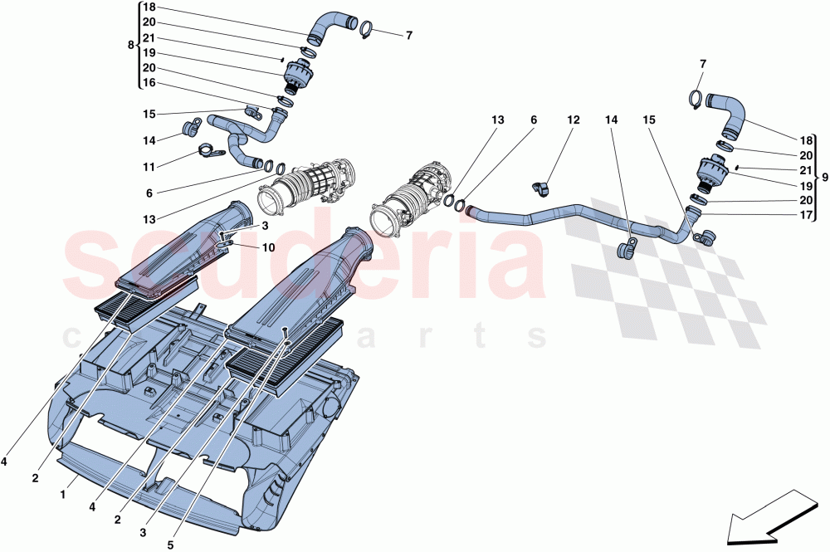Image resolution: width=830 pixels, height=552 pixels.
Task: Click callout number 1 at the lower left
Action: click(x=63, y=493)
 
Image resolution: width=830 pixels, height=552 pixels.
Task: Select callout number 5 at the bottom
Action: click(x=170, y=545)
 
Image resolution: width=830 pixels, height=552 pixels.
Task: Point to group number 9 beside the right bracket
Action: click(x=825, y=176)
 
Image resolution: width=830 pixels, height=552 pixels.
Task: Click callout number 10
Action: click(x=268, y=247)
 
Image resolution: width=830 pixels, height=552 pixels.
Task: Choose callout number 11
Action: click(x=149, y=167)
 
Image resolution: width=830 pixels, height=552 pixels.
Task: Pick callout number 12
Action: click(x=573, y=120)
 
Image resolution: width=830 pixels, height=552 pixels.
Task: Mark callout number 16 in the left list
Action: click(x=149, y=83)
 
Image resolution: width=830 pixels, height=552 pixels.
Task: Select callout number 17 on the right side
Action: click(x=806, y=215)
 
